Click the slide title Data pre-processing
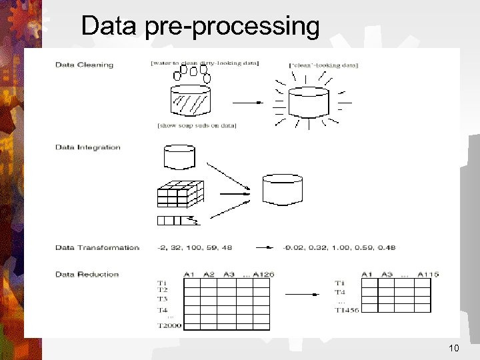click(200, 27)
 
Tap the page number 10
click(455, 349)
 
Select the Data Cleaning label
click(84, 65)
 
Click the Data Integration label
click(88, 147)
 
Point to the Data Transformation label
click(97, 248)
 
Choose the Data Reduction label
click(87, 274)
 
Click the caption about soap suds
click(197, 125)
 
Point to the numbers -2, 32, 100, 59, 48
click(195, 248)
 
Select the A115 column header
click(428, 274)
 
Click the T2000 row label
click(169, 325)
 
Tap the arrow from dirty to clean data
click(249, 103)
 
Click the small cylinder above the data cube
click(179, 157)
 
